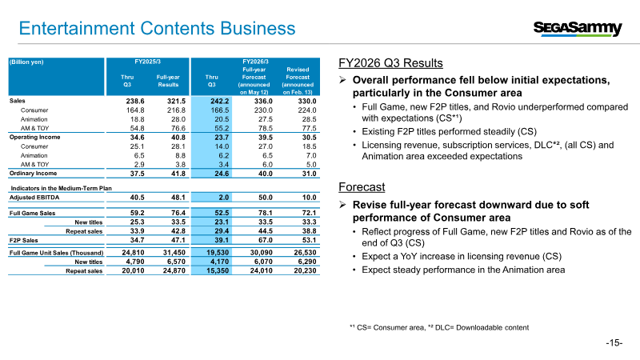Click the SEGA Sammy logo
[x=578, y=29]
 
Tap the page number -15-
[x=613, y=343]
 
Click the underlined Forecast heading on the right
[x=363, y=186]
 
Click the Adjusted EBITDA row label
[x=37, y=197]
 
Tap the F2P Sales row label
[x=24, y=239]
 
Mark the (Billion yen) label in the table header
[x=27, y=61]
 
